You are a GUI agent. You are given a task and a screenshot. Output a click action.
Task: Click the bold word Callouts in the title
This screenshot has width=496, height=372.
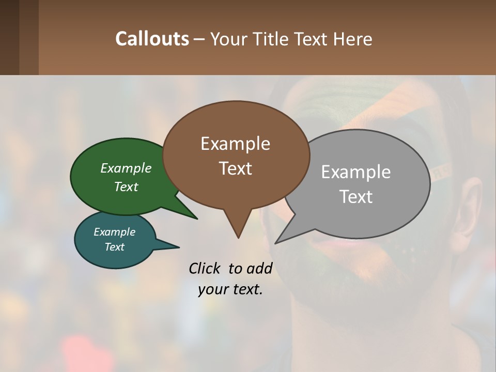(x=152, y=39)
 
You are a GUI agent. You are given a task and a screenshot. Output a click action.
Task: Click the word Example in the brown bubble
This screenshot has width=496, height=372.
(x=235, y=144)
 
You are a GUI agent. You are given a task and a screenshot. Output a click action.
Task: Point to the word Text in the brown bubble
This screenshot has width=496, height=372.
(x=235, y=168)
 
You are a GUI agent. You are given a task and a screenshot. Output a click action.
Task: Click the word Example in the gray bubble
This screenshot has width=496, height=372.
(x=356, y=172)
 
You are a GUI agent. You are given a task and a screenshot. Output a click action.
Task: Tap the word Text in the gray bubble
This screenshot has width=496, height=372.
(x=356, y=197)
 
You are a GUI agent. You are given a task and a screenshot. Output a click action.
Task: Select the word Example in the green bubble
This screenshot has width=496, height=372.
(x=126, y=168)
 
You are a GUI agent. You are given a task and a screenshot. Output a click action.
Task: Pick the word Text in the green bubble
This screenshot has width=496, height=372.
(x=126, y=187)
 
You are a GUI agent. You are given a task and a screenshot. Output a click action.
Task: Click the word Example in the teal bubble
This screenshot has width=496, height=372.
(x=114, y=232)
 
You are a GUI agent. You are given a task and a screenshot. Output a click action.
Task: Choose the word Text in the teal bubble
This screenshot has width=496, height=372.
(x=114, y=247)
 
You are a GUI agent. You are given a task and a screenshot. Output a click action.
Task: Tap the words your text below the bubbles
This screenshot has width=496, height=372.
(x=230, y=289)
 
